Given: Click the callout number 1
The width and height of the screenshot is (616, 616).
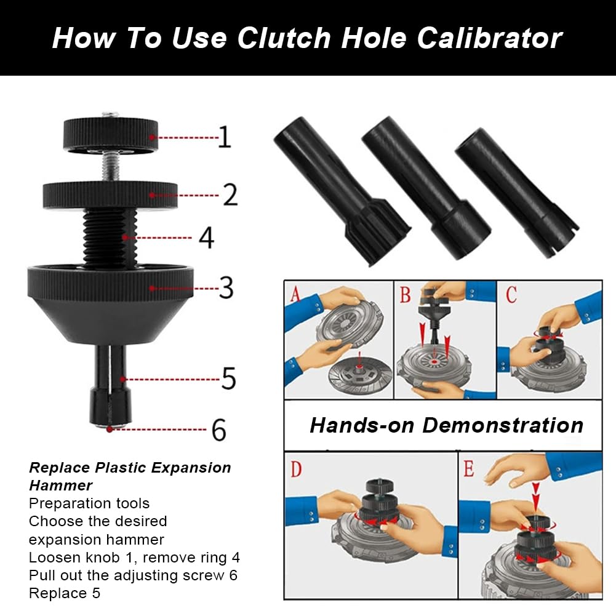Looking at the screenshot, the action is (225, 137).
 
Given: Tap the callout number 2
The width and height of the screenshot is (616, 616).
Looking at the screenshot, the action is (230, 194).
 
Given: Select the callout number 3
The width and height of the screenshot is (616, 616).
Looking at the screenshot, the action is (226, 287).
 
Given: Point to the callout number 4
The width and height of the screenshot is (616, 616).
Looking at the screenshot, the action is (206, 238).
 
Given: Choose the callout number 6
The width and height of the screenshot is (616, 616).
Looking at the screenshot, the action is (219, 430).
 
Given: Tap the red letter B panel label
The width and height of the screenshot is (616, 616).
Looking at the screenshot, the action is (405, 294).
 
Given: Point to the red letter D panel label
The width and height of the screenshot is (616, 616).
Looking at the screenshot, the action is (296, 469).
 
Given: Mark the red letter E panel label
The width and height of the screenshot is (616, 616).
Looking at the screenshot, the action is (469, 468).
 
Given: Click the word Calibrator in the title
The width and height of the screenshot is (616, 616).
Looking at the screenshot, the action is (489, 38).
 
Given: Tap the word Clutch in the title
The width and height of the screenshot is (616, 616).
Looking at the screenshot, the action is (284, 38).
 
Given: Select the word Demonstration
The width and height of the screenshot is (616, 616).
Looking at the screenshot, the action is (503, 425).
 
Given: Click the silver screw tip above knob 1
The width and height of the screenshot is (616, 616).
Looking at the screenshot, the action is (110, 115).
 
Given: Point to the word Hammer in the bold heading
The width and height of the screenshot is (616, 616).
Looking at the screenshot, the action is (61, 486).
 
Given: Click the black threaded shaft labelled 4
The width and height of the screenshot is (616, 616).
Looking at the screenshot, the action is (110, 238).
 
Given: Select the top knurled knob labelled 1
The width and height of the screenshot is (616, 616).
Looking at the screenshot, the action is (111, 134).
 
